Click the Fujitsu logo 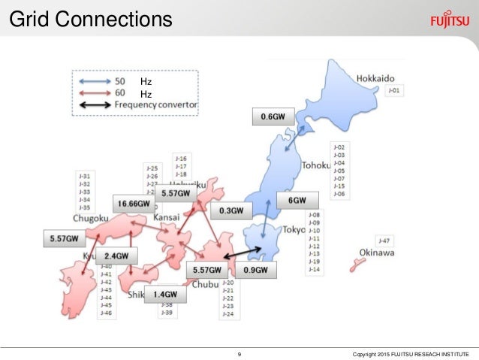(x=450, y=20)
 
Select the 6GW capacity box (x=297, y=201)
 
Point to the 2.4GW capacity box (x=116, y=256)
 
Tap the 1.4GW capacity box (x=166, y=295)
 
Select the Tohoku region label (x=316, y=164)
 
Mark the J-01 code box (x=395, y=91)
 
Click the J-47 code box (x=384, y=241)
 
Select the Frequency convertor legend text (x=156, y=105)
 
